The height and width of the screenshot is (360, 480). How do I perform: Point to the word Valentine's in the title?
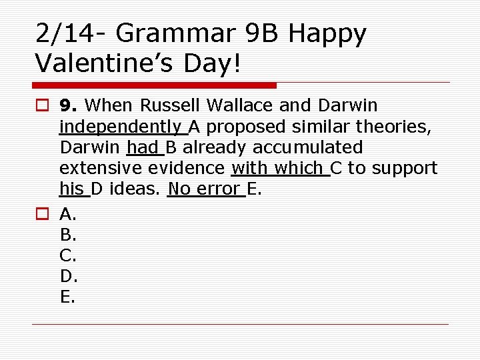click(x=106, y=63)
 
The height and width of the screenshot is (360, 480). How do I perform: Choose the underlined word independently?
click(x=121, y=127)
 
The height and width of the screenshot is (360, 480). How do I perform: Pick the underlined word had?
click(x=141, y=147)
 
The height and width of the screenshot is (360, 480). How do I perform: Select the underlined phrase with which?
click(x=280, y=168)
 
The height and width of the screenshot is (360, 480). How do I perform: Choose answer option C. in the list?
click(x=69, y=255)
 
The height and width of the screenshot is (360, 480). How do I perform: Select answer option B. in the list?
click(x=69, y=234)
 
